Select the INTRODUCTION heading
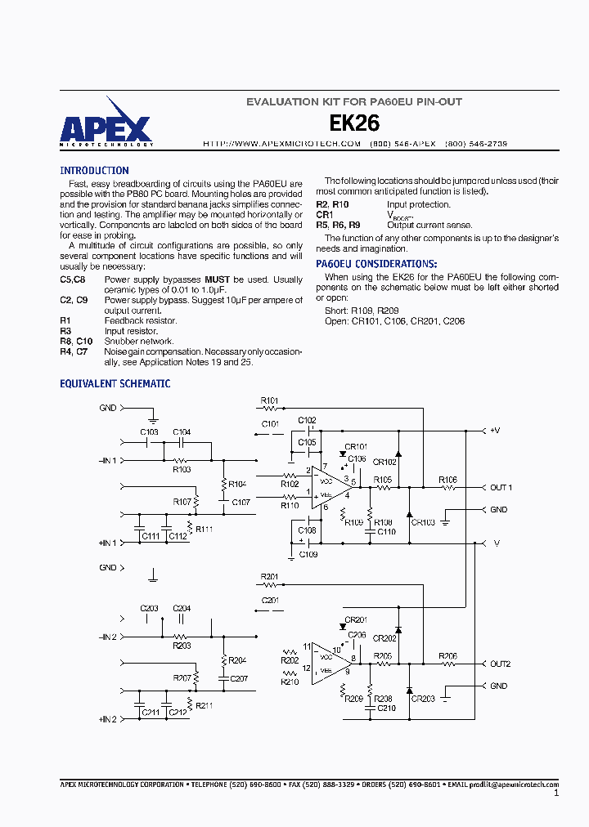click(94, 171)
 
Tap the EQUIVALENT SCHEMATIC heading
click(115, 383)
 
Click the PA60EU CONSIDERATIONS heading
click(376, 264)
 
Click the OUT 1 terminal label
click(501, 488)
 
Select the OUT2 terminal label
click(500, 664)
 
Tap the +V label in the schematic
click(495, 430)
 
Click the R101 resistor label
click(269, 400)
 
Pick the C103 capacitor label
click(149, 431)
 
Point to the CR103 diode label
click(423, 522)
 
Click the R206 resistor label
click(447, 655)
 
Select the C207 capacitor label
click(240, 678)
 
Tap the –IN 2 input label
click(108, 637)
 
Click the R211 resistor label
click(204, 705)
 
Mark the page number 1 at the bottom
click(556, 793)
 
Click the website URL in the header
click(282, 143)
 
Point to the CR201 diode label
click(356, 619)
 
